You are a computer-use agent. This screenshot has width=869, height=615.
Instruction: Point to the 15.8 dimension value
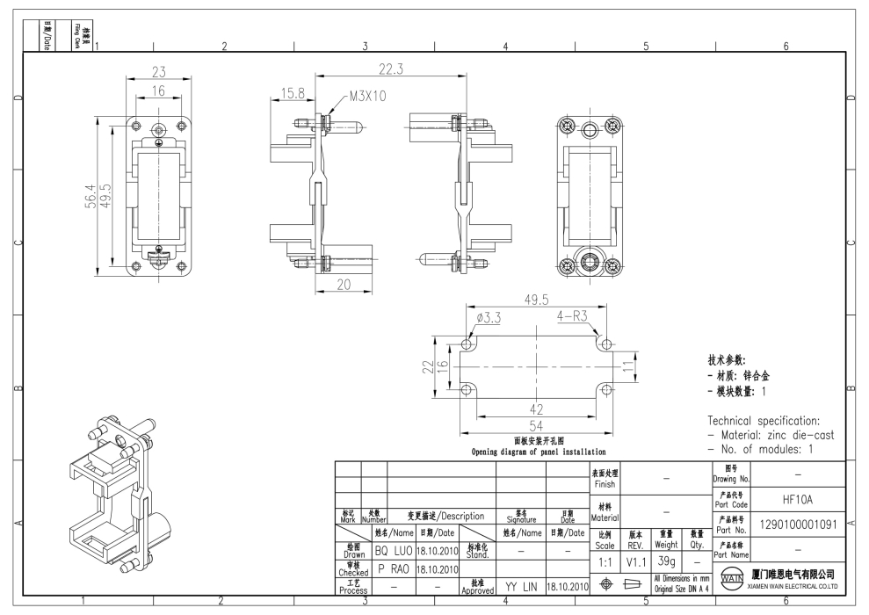pyautogui.click(x=292, y=92)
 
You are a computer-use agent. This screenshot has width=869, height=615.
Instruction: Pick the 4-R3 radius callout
pyautogui.click(x=573, y=316)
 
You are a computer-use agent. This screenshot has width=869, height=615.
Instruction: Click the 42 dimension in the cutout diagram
pyautogui.click(x=537, y=409)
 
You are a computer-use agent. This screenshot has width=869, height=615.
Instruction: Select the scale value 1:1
pyautogui.click(x=605, y=560)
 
